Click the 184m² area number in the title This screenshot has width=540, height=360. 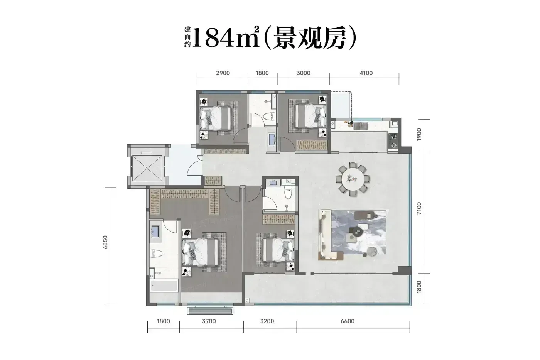226,37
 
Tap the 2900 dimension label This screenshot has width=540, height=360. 223,73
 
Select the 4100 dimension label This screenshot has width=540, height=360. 366,73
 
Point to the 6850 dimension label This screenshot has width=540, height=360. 105,242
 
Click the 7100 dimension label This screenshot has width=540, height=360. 419,208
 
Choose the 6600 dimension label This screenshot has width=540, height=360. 348,321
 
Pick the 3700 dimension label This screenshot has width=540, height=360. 209,321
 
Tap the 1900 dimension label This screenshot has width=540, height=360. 419,135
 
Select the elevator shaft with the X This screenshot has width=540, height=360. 147,168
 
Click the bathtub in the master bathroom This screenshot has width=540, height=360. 164,286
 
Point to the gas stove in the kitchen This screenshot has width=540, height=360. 393,141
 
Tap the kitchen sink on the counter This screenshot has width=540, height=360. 361,126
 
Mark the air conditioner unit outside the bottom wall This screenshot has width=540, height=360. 210,311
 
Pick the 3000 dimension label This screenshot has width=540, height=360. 303,73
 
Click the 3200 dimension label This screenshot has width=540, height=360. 267,321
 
